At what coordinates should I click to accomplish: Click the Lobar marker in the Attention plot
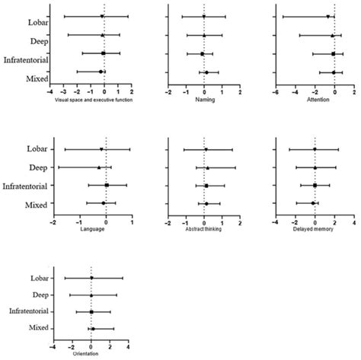pyautogui.click(x=327, y=16)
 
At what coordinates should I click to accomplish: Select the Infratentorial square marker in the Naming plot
pyautogui.click(x=202, y=54)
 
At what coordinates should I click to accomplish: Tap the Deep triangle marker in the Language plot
pyautogui.click(x=99, y=167)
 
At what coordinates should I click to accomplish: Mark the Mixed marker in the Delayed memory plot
pyautogui.click(x=312, y=203)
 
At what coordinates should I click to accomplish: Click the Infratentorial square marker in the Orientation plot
pyautogui.click(x=91, y=311)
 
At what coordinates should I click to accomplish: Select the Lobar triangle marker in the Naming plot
pyautogui.click(x=204, y=16)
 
